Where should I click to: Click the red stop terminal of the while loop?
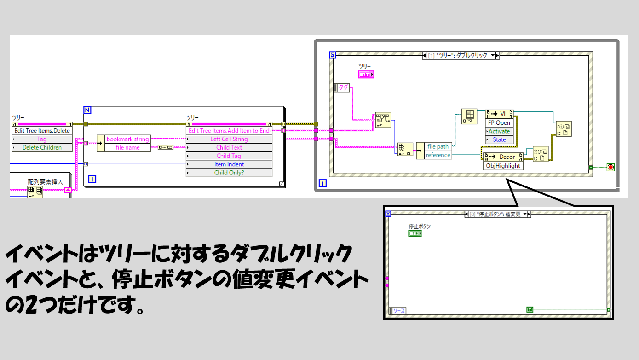pos(610,167)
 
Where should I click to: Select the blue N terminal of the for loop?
pos(87,110)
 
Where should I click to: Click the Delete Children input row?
pos(42,148)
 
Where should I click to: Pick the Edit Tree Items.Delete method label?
pos(42,131)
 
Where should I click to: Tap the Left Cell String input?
pos(229,139)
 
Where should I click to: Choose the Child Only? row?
pos(229,173)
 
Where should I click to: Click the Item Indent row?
pos(229,164)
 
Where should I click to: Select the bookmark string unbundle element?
pos(127,139)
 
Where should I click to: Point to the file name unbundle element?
pos(127,148)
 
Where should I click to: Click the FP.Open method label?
pos(499,123)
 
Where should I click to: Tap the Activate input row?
pos(499,131)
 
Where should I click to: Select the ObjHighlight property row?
pos(503,166)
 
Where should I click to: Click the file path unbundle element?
pos(438,146)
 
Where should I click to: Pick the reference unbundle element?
pos(438,155)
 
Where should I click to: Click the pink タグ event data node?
pos(341,87)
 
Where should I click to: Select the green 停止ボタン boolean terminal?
pos(415,233)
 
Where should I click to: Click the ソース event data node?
pos(397,311)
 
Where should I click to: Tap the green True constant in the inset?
pos(530,309)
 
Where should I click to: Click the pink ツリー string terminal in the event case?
pos(366,75)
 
